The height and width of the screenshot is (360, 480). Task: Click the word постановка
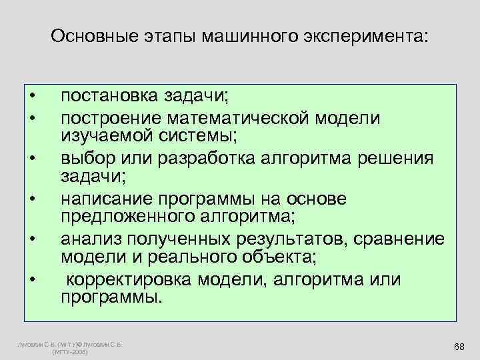[107, 96]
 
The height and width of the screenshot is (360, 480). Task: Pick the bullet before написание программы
[31, 199]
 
